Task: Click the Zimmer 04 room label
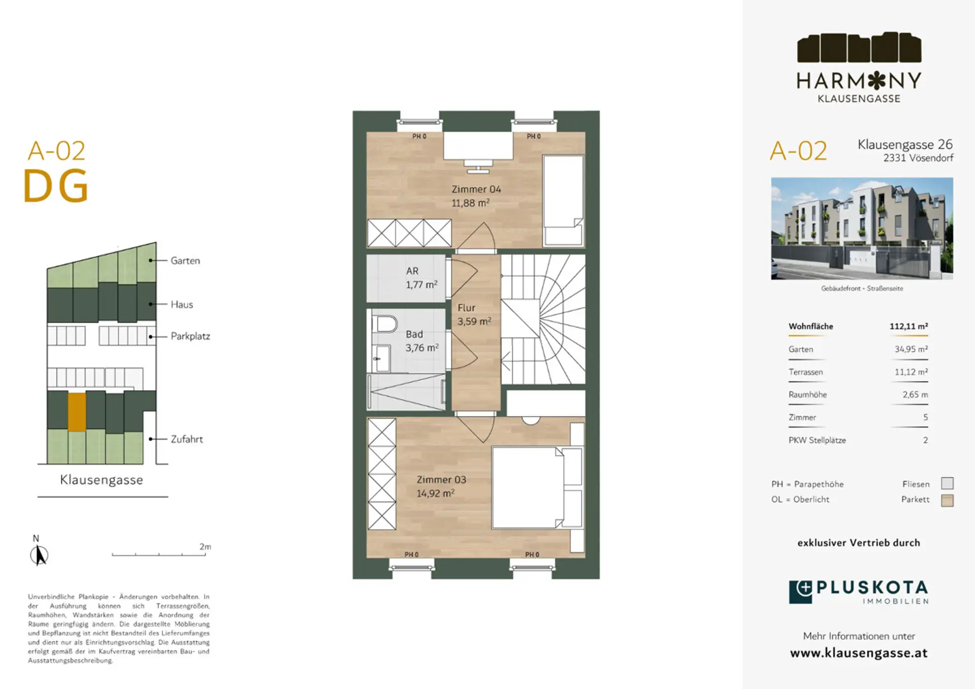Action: (x=476, y=189)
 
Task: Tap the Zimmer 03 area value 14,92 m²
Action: (x=435, y=493)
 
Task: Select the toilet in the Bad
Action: (x=384, y=323)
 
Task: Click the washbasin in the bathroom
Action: (x=381, y=358)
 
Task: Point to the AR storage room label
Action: (x=412, y=271)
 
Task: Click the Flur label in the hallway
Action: (x=466, y=308)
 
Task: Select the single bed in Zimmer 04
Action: (x=563, y=201)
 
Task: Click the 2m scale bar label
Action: (x=205, y=546)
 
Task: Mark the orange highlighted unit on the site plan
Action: (x=77, y=412)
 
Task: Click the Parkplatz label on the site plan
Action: (x=190, y=336)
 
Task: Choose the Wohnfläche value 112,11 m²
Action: (x=908, y=326)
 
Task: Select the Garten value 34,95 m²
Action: (x=911, y=349)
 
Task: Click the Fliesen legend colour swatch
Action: (x=947, y=483)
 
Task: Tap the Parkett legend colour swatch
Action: (x=947, y=500)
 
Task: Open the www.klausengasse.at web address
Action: (x=859, y=653)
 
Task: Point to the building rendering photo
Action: (x=862, y=228)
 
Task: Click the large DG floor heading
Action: (x=56, y=186)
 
